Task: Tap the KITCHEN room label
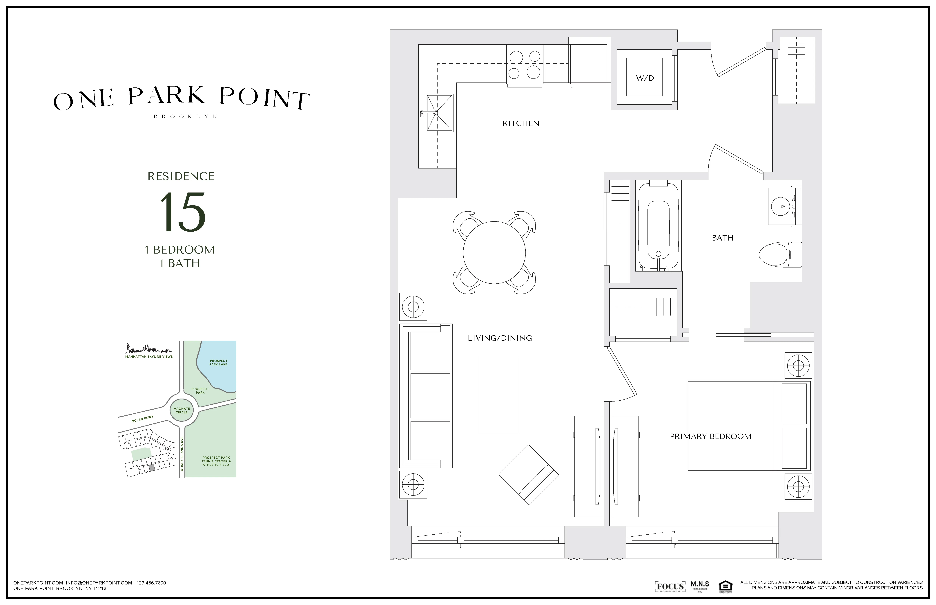coord(521,123)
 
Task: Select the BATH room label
coord(722,238)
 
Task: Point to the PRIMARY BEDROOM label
coord(710,436)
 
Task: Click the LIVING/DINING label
coord(499,338)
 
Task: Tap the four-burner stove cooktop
coord(525,65)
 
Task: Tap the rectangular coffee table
coord(498,394)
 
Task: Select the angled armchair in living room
coord(529,475)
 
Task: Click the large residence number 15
coord(182,212)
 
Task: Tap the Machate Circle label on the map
coord(182,410)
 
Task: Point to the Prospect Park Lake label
coord(218,362)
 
